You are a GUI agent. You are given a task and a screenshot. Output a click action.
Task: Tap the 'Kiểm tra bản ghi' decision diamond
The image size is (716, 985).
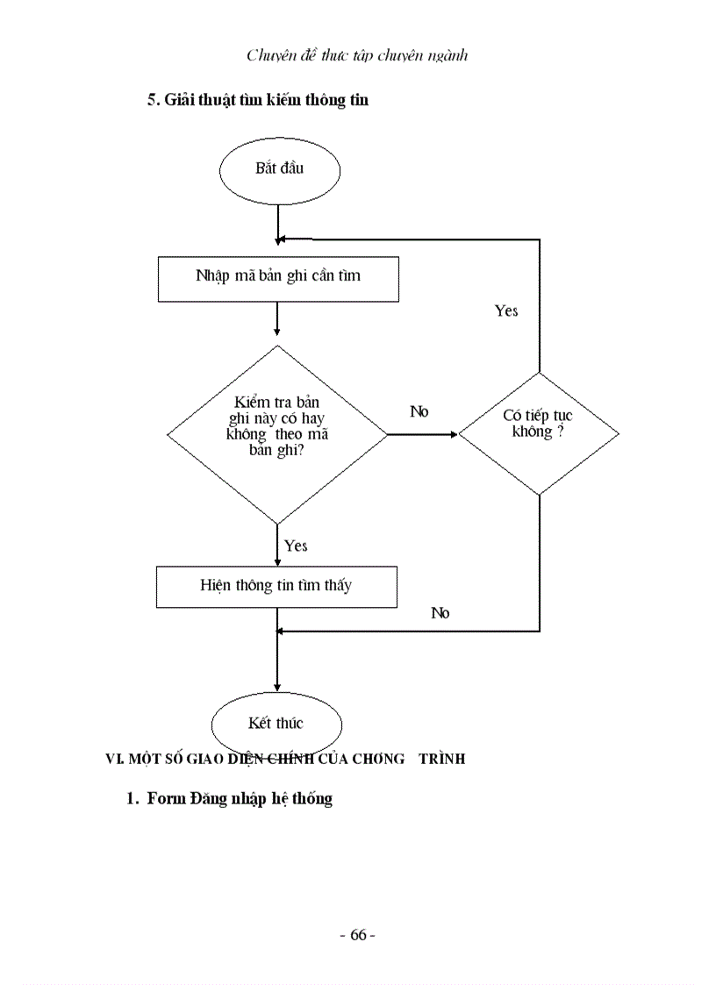pos(277,434)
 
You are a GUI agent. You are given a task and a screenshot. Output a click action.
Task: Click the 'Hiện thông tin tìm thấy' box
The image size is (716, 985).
pos(276,586)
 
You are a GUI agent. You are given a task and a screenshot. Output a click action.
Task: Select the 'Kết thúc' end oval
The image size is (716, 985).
pos(276,724)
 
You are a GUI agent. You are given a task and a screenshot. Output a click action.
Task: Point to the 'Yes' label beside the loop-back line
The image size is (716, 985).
pos(506,311)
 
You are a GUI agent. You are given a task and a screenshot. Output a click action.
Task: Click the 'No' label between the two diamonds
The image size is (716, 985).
pos(419,411)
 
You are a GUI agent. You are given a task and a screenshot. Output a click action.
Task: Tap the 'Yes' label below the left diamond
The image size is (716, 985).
pos(296,546)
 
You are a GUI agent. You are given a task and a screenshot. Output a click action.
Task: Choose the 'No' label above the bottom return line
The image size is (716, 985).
pos(440,613)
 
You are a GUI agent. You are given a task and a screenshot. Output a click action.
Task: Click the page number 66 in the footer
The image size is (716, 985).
pos(357,935)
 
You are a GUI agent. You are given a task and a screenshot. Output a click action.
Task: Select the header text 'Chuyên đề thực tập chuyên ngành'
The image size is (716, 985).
pos(357,55)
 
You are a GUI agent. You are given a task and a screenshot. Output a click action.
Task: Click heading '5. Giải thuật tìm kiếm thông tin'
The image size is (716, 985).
pos(257,100)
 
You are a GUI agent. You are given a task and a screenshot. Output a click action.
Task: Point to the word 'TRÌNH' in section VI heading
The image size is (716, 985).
pos(441,760)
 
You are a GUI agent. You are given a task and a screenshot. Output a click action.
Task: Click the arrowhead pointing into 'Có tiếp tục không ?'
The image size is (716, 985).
pos(454,434)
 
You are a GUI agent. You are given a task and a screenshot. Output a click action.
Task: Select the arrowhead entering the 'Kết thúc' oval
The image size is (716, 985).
pos(277,686)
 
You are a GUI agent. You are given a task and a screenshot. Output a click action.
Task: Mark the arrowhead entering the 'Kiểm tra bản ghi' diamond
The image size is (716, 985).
pos(277,332)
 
